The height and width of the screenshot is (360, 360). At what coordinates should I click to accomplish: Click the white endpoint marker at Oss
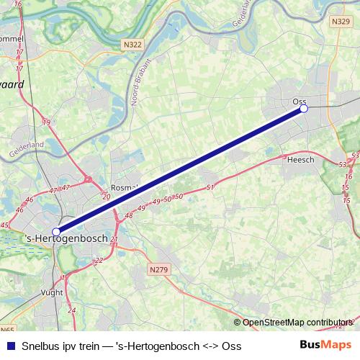click(304, 109)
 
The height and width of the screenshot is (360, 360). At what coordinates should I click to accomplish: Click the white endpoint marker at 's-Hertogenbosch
click(56, 232)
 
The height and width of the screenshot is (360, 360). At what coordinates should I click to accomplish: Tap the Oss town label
click(300, 102)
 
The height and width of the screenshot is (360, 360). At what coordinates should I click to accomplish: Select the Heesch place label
click(300, 160)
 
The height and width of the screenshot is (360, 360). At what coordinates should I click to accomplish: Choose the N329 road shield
click(341, 22)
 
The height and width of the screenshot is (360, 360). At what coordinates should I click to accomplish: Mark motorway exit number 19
click(46, 123)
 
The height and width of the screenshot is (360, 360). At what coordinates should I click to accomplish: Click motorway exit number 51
click(210, 188)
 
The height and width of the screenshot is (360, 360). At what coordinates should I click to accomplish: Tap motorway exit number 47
click(53, 190)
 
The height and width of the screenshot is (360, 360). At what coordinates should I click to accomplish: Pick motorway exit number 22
click(99, 260)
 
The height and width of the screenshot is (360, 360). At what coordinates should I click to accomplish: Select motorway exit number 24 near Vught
click(72, 310)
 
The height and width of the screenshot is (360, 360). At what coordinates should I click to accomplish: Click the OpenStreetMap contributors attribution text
click(295, 323)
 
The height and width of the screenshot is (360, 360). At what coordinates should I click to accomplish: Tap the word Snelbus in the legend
click(42, 346)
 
